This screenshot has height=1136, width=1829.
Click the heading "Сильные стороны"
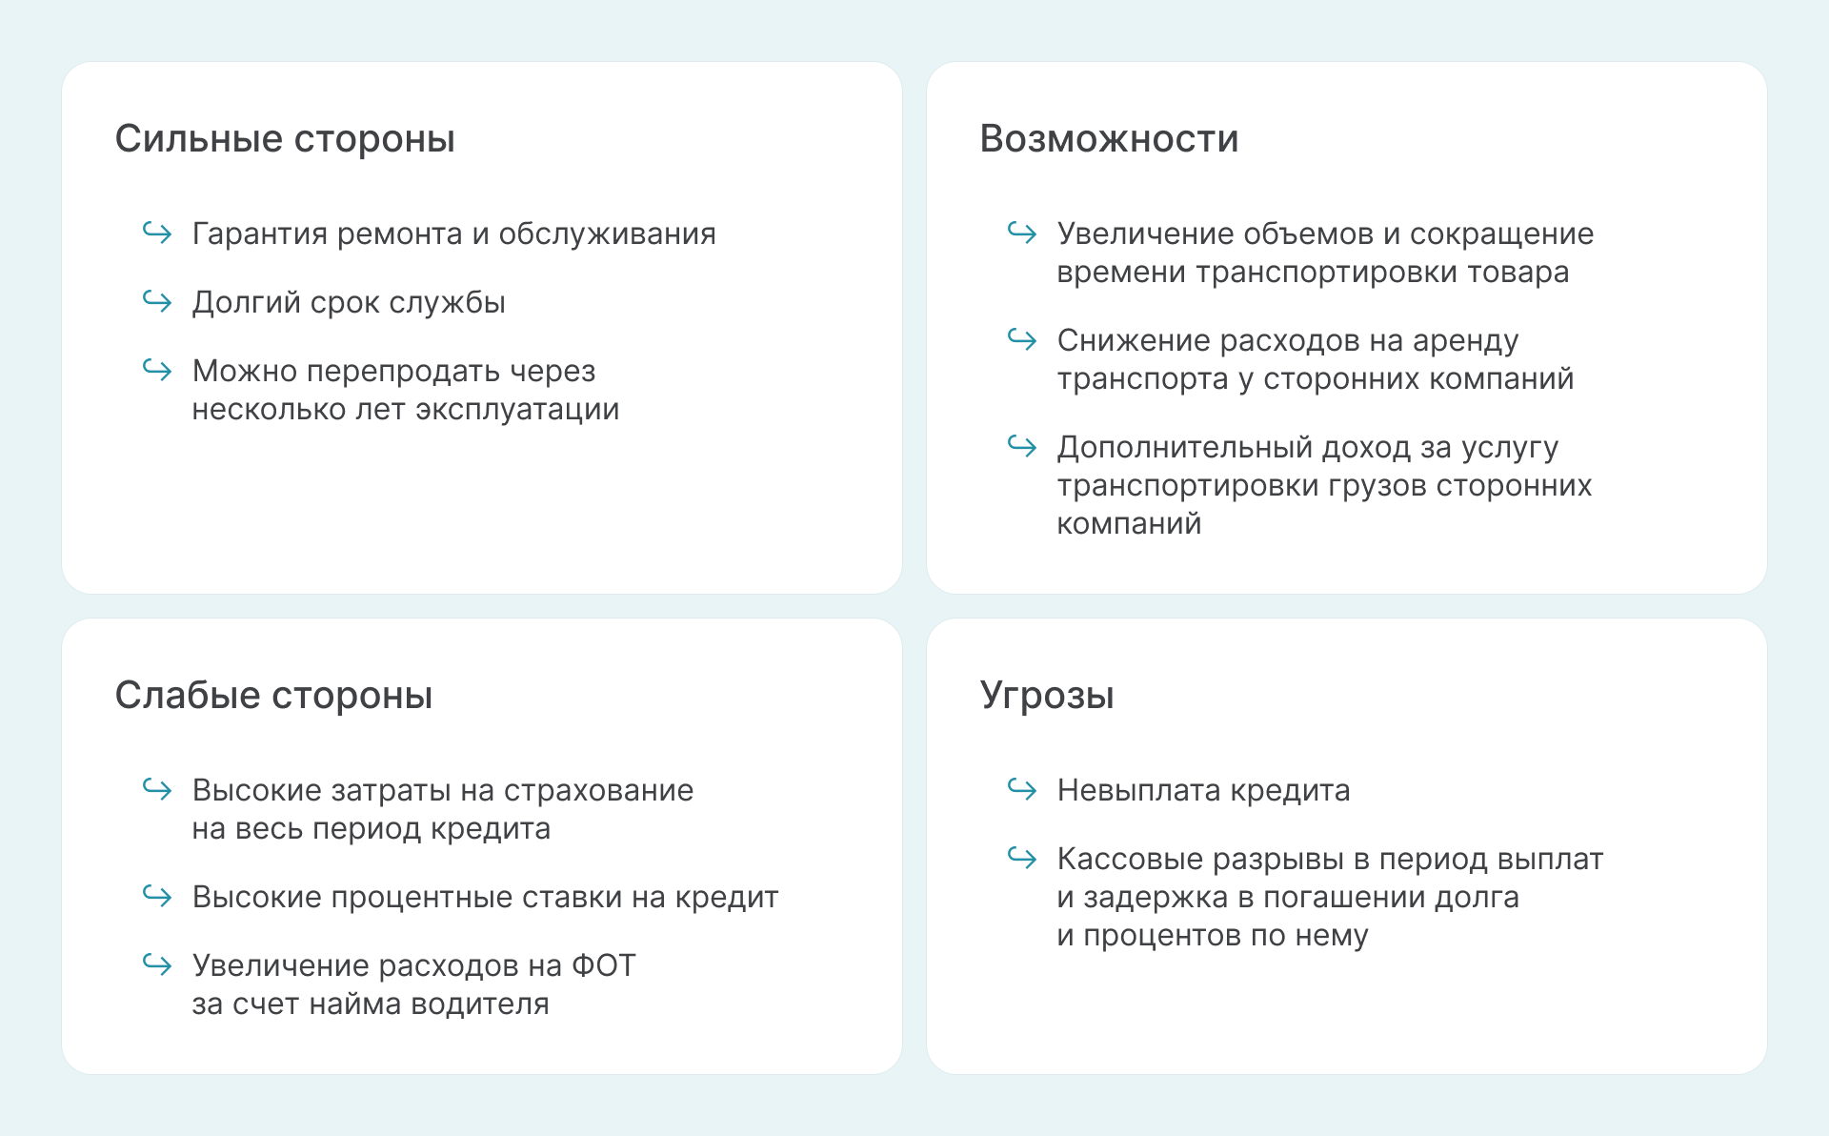285,139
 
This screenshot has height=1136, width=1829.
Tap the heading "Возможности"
1109,139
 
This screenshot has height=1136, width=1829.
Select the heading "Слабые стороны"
273,696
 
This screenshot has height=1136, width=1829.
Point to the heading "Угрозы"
1047,696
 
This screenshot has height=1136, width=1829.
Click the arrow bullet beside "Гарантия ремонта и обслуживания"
157,232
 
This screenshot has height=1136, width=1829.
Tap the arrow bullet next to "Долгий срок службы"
157,300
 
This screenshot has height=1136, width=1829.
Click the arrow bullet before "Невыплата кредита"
1022,788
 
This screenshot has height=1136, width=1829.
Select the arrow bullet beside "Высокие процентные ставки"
157,895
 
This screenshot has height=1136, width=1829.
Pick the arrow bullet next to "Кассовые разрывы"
1022,857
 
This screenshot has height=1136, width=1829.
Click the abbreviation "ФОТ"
603,965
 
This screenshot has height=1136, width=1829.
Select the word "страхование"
598,791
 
